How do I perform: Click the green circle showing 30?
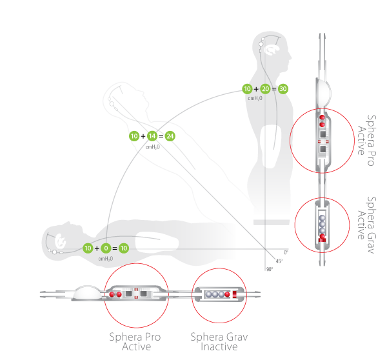click(283, 89)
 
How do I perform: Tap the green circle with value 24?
click(170, 136)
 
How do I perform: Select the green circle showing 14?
click(152, 136)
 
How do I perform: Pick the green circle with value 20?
click(265, 89)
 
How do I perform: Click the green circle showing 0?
click(106, 248)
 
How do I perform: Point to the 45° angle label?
click(279, 261)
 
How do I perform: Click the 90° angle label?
click(270, 269)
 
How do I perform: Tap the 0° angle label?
click(286, 252)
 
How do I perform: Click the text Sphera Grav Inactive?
click(219, 342)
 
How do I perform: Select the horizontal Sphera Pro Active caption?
click(135, 342)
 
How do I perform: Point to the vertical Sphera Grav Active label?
click(367, 225)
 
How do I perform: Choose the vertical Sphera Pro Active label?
click(367, 140)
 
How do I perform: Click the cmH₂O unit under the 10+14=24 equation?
click(152, 147)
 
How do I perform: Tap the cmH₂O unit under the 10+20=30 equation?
click(255, 98)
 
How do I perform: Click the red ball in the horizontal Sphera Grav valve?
click(227, 294)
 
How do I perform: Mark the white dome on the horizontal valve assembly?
click(87, 292)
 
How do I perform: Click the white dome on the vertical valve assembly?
click(324, 93)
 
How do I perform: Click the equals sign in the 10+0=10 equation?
click(115, 248)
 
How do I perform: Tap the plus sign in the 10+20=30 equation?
click(256, 89)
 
